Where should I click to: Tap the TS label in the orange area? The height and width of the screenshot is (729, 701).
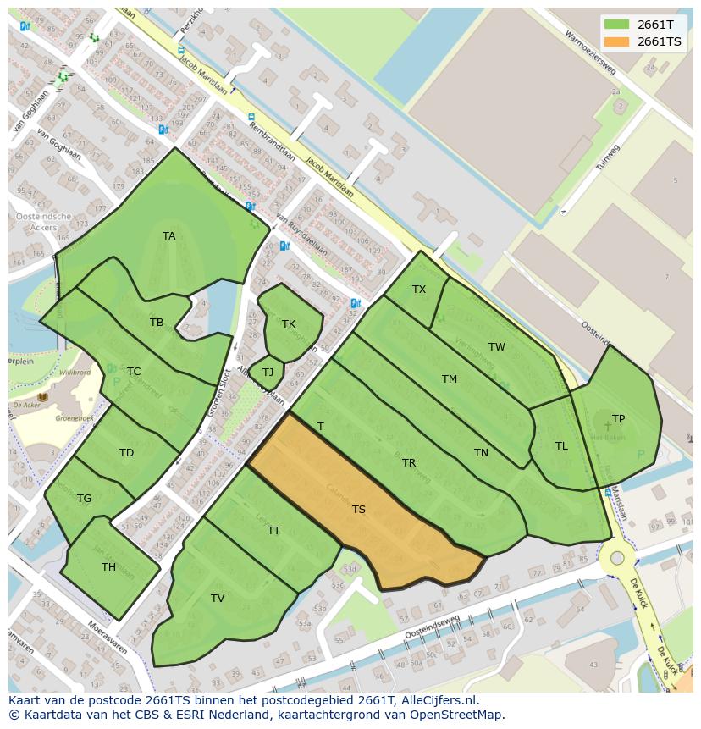tap(359, 510)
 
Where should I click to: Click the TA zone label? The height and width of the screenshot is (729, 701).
tap(169, 236)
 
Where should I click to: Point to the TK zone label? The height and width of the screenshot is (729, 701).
tap(289, 324)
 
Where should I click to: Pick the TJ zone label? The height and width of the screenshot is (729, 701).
tap(268, 373)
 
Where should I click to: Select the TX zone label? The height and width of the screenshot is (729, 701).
tap(419, 290)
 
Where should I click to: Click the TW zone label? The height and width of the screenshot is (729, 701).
tap(497, 347)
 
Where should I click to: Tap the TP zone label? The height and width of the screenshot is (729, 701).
tap(619, 419)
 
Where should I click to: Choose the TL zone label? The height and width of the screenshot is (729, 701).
tap(561, 446)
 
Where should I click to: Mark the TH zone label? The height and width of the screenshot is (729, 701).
tap(108, 567)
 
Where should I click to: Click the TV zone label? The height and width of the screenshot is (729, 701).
tap(218, 599)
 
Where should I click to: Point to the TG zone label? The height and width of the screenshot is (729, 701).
tap(84, 499)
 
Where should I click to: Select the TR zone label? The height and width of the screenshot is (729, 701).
tap(409, 463)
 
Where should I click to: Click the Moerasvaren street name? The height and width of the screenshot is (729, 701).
tap(105, 640)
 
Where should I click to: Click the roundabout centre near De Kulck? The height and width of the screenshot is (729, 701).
tap(618, 558)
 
